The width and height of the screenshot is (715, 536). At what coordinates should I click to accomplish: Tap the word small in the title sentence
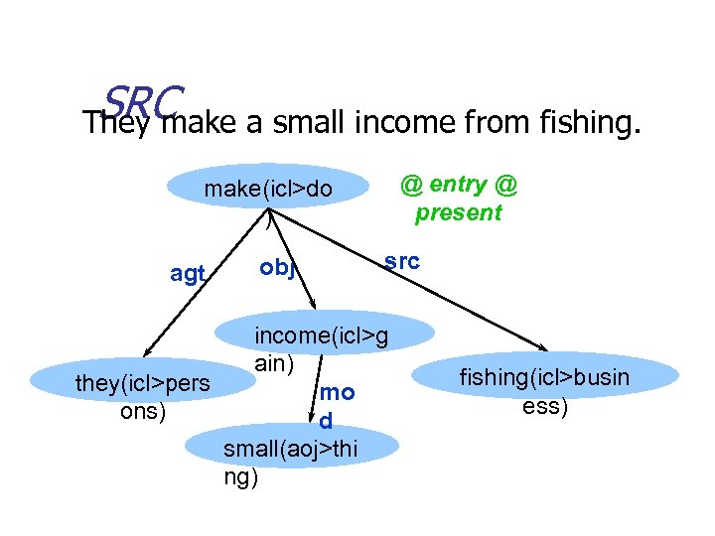[x=300, y=123]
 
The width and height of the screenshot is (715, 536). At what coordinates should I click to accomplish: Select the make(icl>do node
[x=268, y=189]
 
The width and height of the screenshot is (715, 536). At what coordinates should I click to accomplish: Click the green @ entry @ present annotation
[x=459, y=199]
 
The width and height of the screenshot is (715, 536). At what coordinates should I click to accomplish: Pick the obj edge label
[x=277, y=268]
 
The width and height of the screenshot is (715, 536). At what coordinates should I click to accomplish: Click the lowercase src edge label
[x=401, y=261]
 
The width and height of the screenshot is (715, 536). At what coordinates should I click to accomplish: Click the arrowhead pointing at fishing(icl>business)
[x=541, y=347]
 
